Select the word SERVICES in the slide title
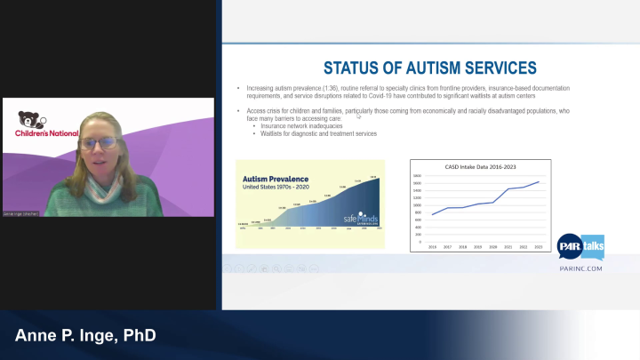click(503, 68)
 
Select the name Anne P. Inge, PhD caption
click(85, 336)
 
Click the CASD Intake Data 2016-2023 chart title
click(480, 166)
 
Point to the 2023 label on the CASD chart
click(538, 246)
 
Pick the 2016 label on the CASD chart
click(433, 246)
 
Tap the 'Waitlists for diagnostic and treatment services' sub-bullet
click(317, 133)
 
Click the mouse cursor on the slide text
click(358, 115)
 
